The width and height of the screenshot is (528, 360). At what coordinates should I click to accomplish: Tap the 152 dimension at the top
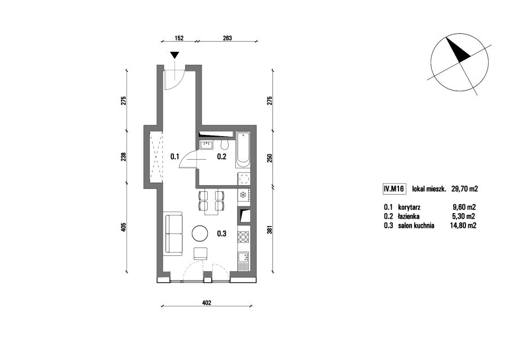click(x=179, y=38)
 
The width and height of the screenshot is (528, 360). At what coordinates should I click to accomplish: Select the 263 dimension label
click(x=227, y=38)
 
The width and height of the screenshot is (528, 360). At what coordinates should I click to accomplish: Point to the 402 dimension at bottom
click(x=207, y=303)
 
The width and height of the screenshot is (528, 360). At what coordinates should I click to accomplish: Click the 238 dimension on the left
click(x=124, y=157)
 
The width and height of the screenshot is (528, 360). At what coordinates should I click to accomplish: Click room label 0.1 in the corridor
click(x=174, y=156)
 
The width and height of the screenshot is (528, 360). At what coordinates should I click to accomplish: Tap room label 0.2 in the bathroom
click(x=221, y=156)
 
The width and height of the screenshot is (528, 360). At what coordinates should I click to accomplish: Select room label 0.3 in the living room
click(x=221, y=233)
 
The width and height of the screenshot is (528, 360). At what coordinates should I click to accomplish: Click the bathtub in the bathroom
click(x=243, y=150)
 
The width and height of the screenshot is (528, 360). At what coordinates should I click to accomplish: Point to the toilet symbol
click(x=225, y=145)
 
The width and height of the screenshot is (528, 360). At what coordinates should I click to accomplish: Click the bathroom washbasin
click(x=206, y=145)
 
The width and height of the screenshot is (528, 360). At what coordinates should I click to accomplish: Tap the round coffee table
click(x=200, y=233)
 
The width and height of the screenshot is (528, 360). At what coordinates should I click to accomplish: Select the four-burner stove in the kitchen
click(x=244, y=237)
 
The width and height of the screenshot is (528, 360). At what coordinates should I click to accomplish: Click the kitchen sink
click(x=243, y=258)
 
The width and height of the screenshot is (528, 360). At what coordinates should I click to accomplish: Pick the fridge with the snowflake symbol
click(x=243, y=195)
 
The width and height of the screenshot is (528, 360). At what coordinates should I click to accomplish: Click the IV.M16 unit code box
click(x=393, y=189)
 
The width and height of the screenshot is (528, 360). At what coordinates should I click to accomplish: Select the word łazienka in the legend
click(x=409, y=217)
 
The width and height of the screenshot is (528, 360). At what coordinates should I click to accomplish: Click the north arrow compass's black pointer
click(x=457, y=50)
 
